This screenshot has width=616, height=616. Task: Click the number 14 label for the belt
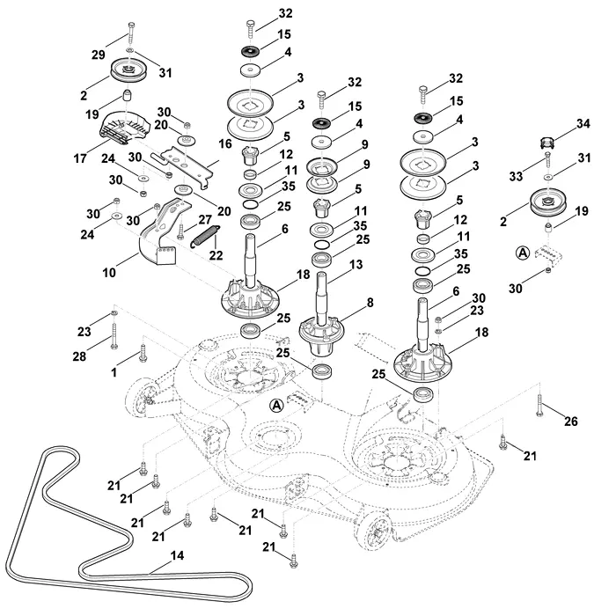(177, 555)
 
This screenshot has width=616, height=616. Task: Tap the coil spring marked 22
(205, 236)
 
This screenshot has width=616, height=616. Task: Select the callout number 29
(99, 55)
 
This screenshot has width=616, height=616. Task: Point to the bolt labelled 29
(131, 34)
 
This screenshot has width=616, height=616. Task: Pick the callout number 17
(80, 158)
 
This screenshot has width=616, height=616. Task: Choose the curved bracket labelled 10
(164, 231)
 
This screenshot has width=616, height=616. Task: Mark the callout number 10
(109, 272)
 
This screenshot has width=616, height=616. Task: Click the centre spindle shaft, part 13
(321, 298)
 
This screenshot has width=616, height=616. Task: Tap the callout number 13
(356, 264)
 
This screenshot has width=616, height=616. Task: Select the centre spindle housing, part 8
(322, 336)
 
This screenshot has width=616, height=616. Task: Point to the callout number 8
(370, 303)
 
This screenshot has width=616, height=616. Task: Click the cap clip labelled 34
(546, 143)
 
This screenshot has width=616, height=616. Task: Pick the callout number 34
(583, 124)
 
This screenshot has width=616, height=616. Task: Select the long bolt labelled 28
(114, 336)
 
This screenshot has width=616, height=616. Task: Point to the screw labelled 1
(143, 352)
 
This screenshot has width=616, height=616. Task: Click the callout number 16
(225, 143)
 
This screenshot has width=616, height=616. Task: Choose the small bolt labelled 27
(180, 231)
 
